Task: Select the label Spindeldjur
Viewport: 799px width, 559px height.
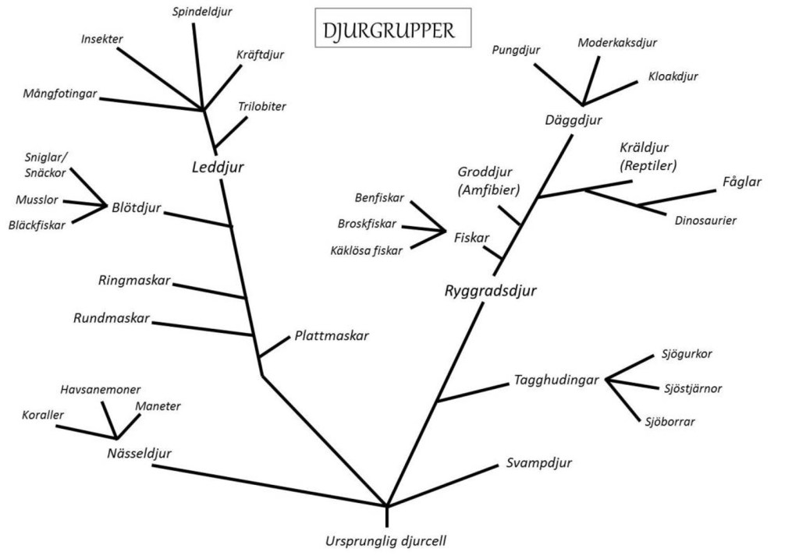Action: point(202,12)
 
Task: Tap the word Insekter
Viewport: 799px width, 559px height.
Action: point(102,39)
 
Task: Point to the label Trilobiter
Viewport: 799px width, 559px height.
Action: point(262,106)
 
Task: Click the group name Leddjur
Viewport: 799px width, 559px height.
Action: point(218,167)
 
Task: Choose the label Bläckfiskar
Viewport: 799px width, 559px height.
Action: point(37,225)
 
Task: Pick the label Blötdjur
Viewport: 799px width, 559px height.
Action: point(137,207)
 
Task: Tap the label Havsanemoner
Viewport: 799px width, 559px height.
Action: point(101,389)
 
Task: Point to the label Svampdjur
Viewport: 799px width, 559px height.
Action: point(538,462)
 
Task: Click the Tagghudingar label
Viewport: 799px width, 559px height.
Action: point(556,380)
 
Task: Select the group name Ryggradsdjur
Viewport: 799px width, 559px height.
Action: point(492,291)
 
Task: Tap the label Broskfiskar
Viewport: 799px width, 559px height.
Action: point(367,223)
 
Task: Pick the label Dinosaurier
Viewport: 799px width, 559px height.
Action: point(705,220)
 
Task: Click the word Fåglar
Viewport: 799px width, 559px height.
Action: point(742,181)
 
